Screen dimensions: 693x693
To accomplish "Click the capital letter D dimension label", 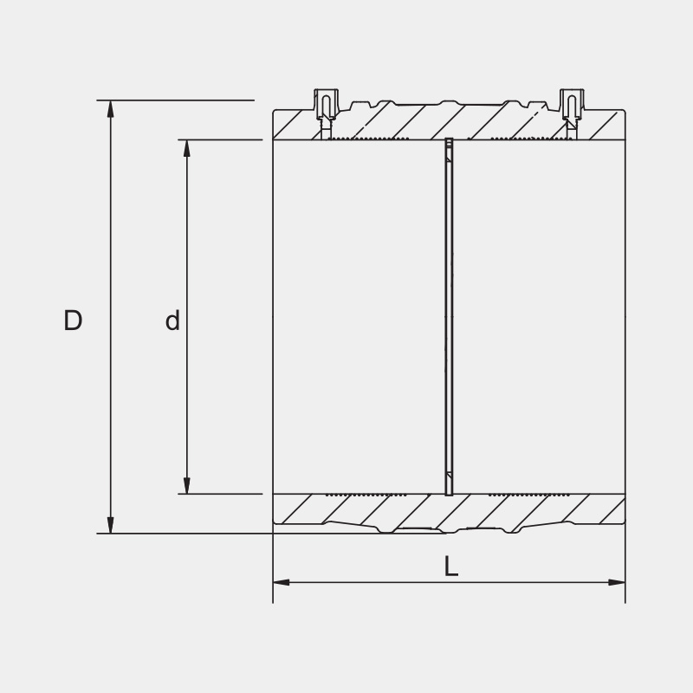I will point(73,321).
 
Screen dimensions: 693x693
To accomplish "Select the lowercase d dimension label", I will point(172,321).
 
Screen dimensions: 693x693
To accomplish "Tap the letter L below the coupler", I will point(450,567).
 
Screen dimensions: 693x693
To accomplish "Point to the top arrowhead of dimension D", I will point(110,108).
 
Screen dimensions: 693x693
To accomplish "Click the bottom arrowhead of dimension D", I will point(110,525).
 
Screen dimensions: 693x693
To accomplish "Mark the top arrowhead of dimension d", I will point(186,147).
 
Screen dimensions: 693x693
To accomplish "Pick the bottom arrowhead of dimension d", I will point(186,486).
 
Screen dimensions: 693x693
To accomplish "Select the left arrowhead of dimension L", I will point(282,582).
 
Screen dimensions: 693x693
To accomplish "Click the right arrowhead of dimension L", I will point(616,582).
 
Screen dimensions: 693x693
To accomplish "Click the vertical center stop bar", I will point(449,316).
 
